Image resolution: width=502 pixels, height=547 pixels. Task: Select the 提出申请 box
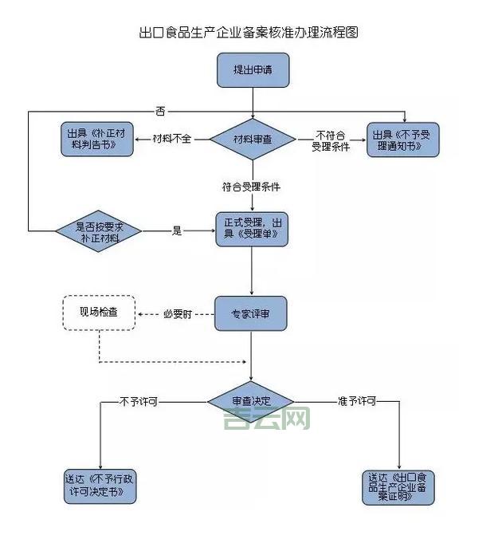(253, 70)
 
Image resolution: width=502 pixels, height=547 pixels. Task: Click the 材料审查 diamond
(253, 139)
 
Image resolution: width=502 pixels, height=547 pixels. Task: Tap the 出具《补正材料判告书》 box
(96, 139)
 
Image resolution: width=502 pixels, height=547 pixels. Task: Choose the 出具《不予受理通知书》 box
(402, 140)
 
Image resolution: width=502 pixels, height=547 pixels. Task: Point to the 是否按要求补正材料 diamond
(99, 231)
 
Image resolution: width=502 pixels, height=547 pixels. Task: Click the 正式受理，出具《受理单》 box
(252, 228)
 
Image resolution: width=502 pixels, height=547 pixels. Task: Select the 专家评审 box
(250, 314)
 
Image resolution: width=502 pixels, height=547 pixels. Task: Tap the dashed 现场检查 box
(99, 313)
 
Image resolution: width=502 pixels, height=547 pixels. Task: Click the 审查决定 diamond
(252, 402)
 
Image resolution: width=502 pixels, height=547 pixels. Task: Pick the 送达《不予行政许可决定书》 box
(100, 486)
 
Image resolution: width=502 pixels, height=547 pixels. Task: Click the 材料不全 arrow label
(173, 139)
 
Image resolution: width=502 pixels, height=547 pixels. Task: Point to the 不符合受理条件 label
(331, 140)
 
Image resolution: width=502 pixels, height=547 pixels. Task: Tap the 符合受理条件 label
(252, 187)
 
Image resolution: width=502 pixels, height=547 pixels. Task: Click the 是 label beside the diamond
(177, 231)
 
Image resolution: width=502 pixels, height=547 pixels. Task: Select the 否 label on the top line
(161, 110)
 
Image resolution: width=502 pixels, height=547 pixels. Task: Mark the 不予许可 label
(139, 401)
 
